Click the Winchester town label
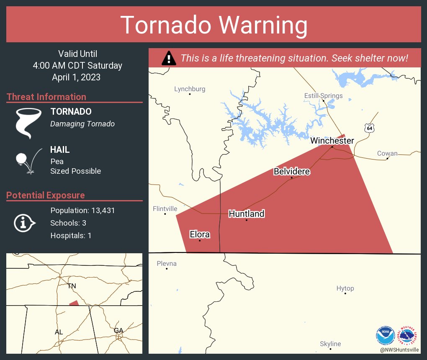click(332, 141)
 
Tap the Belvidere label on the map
click(292, 172)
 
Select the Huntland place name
click(246, 214)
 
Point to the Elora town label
click(200, 234)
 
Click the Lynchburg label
click(190, 89)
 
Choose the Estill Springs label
click(323, 96)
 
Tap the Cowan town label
click(387, 153)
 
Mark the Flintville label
click(165, 208)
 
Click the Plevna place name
click(167, 263)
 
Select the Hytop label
click(345, 288)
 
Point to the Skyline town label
click(330, 344)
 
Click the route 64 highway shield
click(368, 128)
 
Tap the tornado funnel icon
click(28, 123)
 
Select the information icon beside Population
click(25, 223)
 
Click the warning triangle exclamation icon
click(169, 58)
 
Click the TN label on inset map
click(72, 286)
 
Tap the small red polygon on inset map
click(74, 303)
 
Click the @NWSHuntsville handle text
click(399, 350)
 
